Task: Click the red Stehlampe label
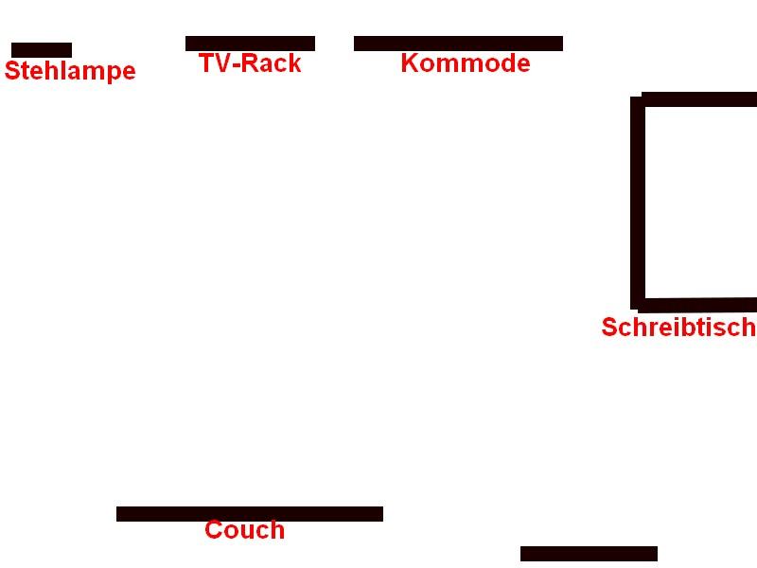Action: (70, 71)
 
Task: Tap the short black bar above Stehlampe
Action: (42, 50)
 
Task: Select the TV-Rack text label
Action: (250, 63)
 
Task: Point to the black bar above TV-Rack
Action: (250, 44)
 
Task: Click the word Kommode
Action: (465, 63)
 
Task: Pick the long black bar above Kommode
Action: (458, 44)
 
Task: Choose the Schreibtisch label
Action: (678, 328)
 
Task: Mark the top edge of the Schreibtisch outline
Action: (699, 99)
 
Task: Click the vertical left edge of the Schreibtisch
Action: (638, 203)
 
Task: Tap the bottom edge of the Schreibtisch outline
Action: (698, 305)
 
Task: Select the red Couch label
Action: (244, 530)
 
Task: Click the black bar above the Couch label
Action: (250, 514)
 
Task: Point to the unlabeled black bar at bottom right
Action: (589, 554)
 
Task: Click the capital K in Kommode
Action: (409, 63)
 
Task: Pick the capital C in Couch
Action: (214, 530)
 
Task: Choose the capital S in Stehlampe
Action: (12, 71)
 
